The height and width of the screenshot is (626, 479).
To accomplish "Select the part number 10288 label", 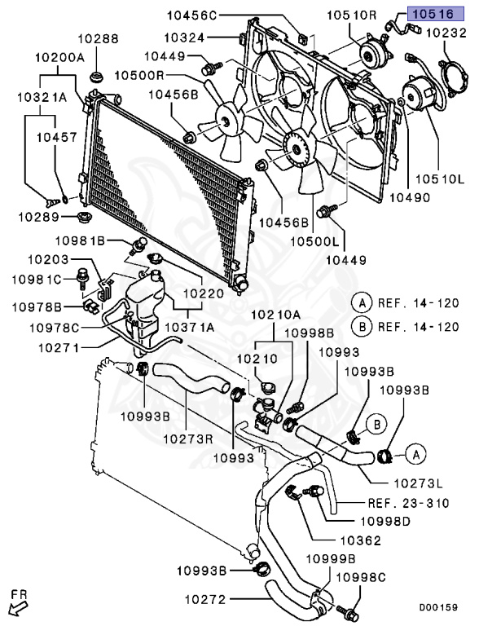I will pos(99,37).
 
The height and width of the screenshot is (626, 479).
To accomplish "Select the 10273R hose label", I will pos(189,439).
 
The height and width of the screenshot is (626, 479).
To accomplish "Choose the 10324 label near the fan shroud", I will pos(187,37).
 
